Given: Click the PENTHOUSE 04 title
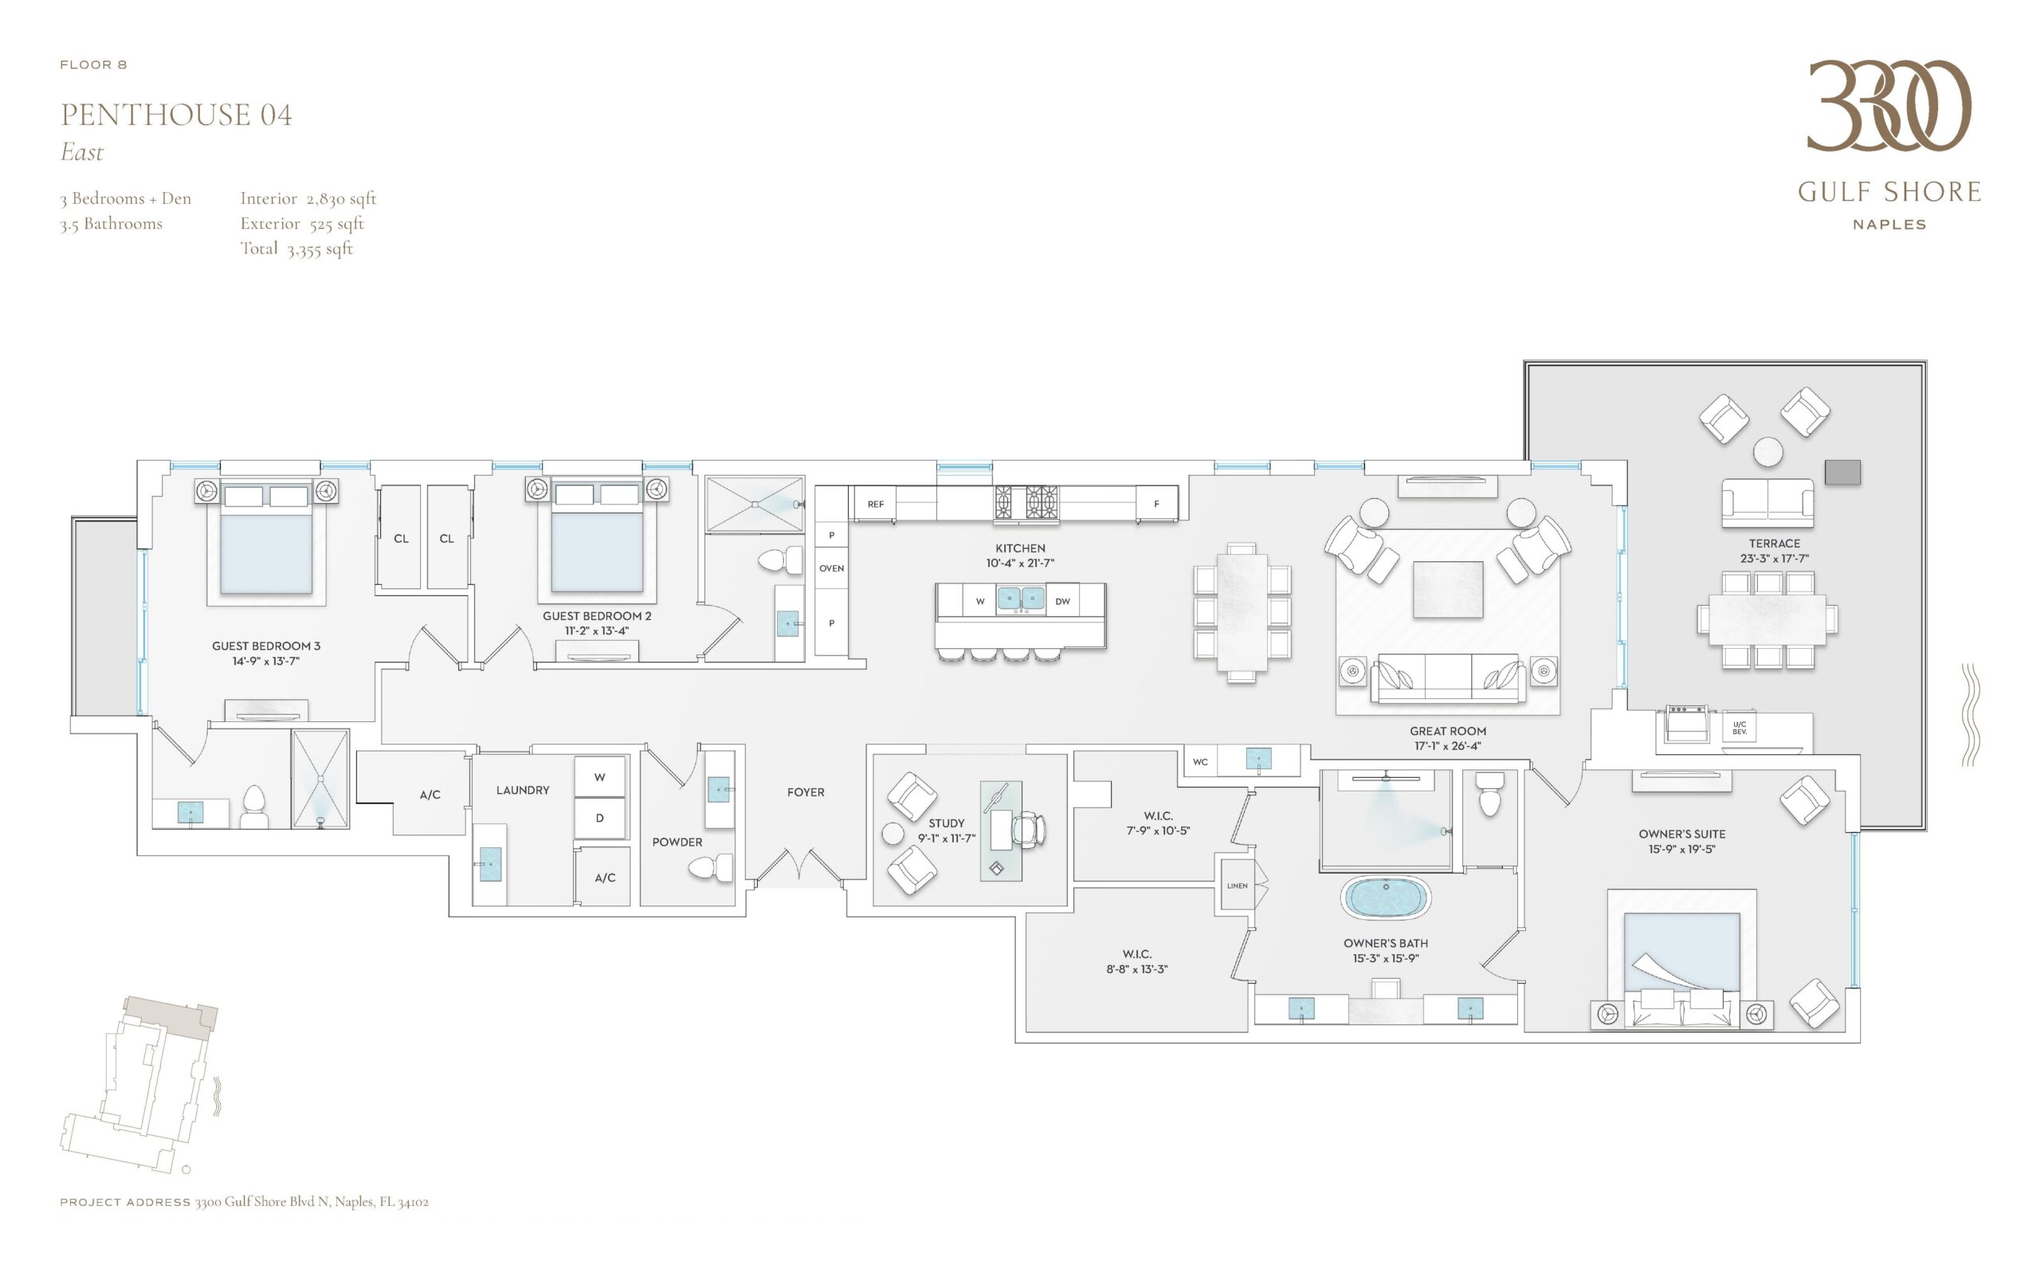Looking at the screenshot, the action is tap(176, 114).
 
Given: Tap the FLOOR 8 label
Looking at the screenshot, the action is tap(93, 65).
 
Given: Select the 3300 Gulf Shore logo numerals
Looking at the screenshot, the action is tap(1889, 105).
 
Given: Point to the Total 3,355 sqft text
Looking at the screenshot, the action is tap(296, 249).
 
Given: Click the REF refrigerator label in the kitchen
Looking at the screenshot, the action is tap(875, 505).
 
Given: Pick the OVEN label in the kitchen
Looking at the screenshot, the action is tap(831, 569).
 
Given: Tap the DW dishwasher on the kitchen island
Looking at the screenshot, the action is tap(1063, 601).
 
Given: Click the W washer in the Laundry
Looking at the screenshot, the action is tap(599, 777).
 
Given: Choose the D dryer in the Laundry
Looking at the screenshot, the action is tap(599, 818).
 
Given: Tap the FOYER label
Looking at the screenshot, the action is tap(806, 792).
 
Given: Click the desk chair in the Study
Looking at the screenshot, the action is tap(1028, 831).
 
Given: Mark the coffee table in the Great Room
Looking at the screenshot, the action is tap(1448, 589).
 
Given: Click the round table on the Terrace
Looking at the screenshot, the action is tap(1768, 452).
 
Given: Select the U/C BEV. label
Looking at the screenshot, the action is tap(1739, 728).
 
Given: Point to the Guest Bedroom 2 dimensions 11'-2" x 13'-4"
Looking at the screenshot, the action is tap(597, 631).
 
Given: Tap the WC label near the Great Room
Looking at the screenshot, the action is tap(1200, 762).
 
